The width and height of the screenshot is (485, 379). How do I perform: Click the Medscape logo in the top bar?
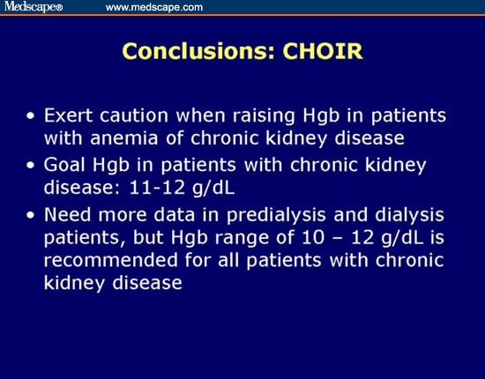(34, 8)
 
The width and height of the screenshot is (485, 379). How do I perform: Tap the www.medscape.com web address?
(154, 8)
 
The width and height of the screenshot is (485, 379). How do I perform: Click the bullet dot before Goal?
(32, 166)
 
